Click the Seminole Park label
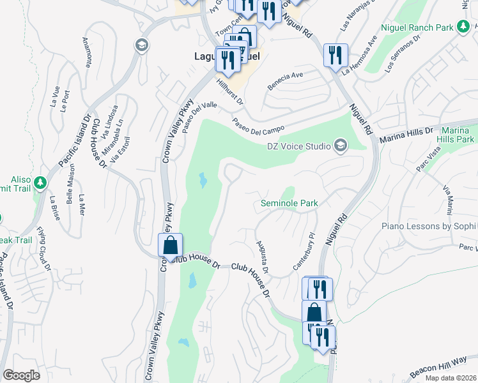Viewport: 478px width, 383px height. [289, 204]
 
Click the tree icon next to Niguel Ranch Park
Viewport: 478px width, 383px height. [463, 27]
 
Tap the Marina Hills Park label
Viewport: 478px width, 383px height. [456, 135]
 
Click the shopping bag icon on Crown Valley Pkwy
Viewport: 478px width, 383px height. [170, 244]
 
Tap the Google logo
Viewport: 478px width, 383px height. [21, 375]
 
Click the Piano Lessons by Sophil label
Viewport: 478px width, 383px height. [429, 226]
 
